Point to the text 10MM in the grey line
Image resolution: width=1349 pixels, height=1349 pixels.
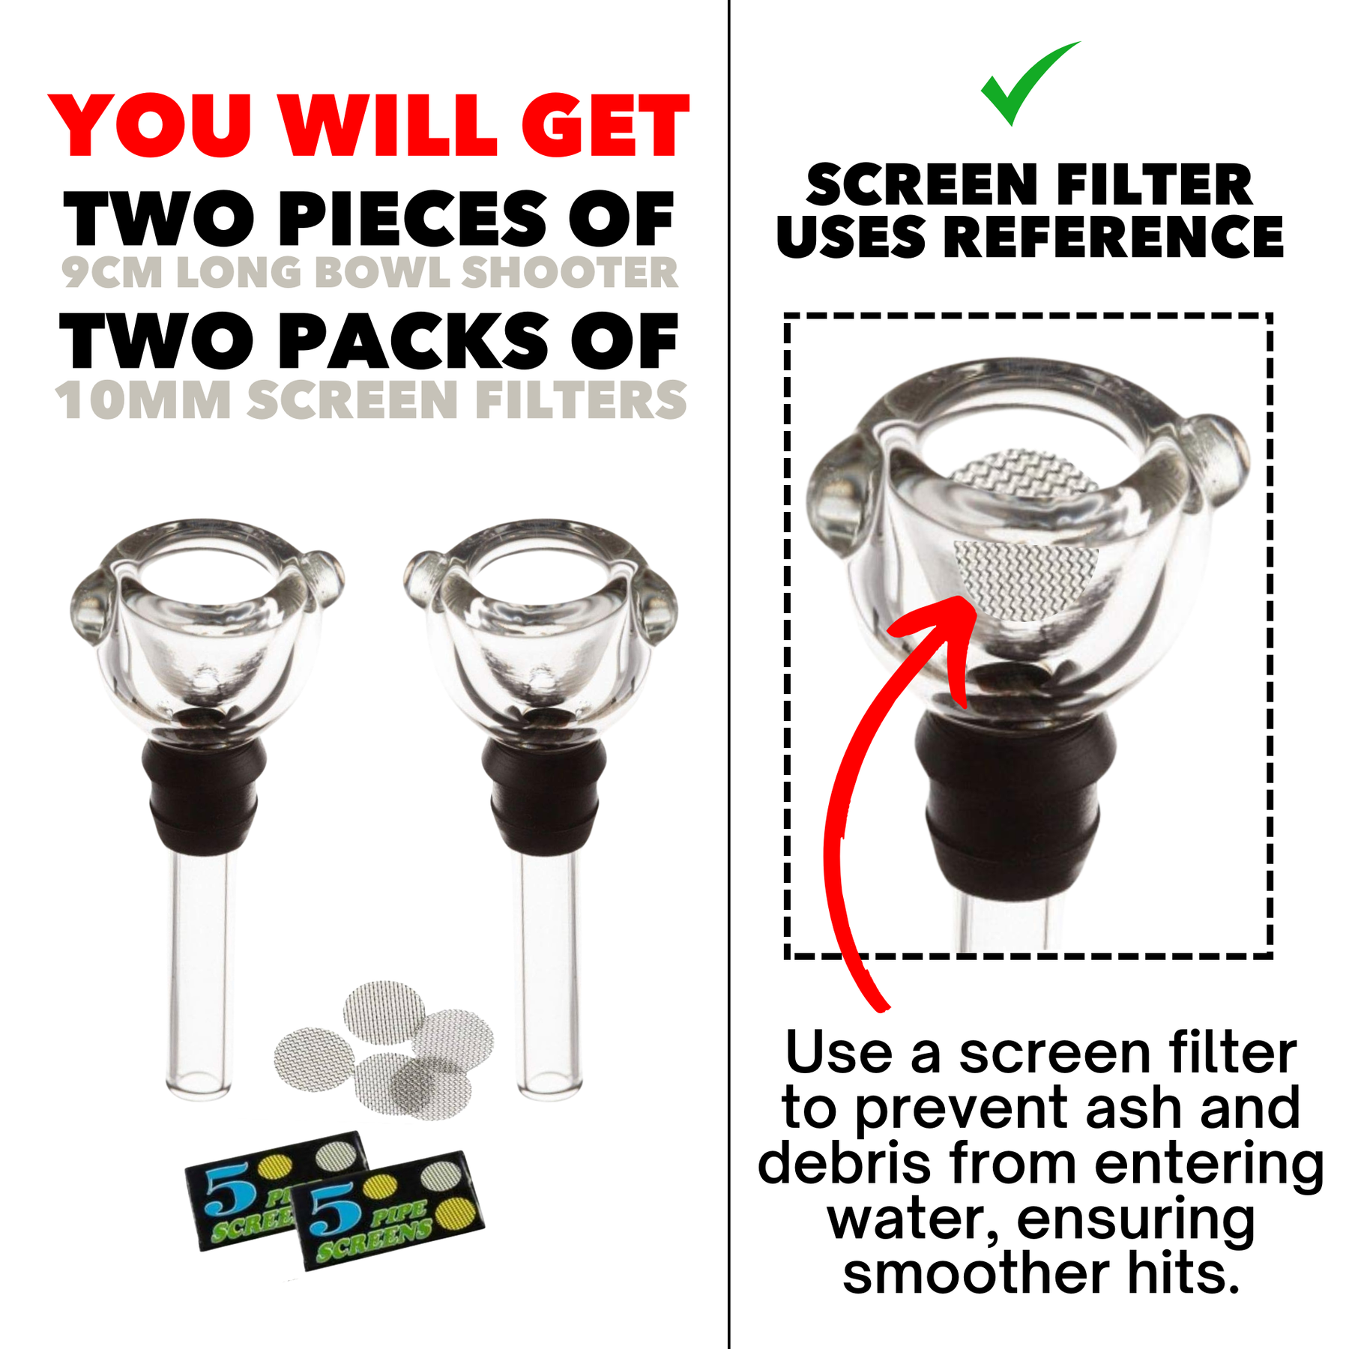click(x=143, y=400)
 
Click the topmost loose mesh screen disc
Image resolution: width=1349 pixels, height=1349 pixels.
click(x=384, y=1012)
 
